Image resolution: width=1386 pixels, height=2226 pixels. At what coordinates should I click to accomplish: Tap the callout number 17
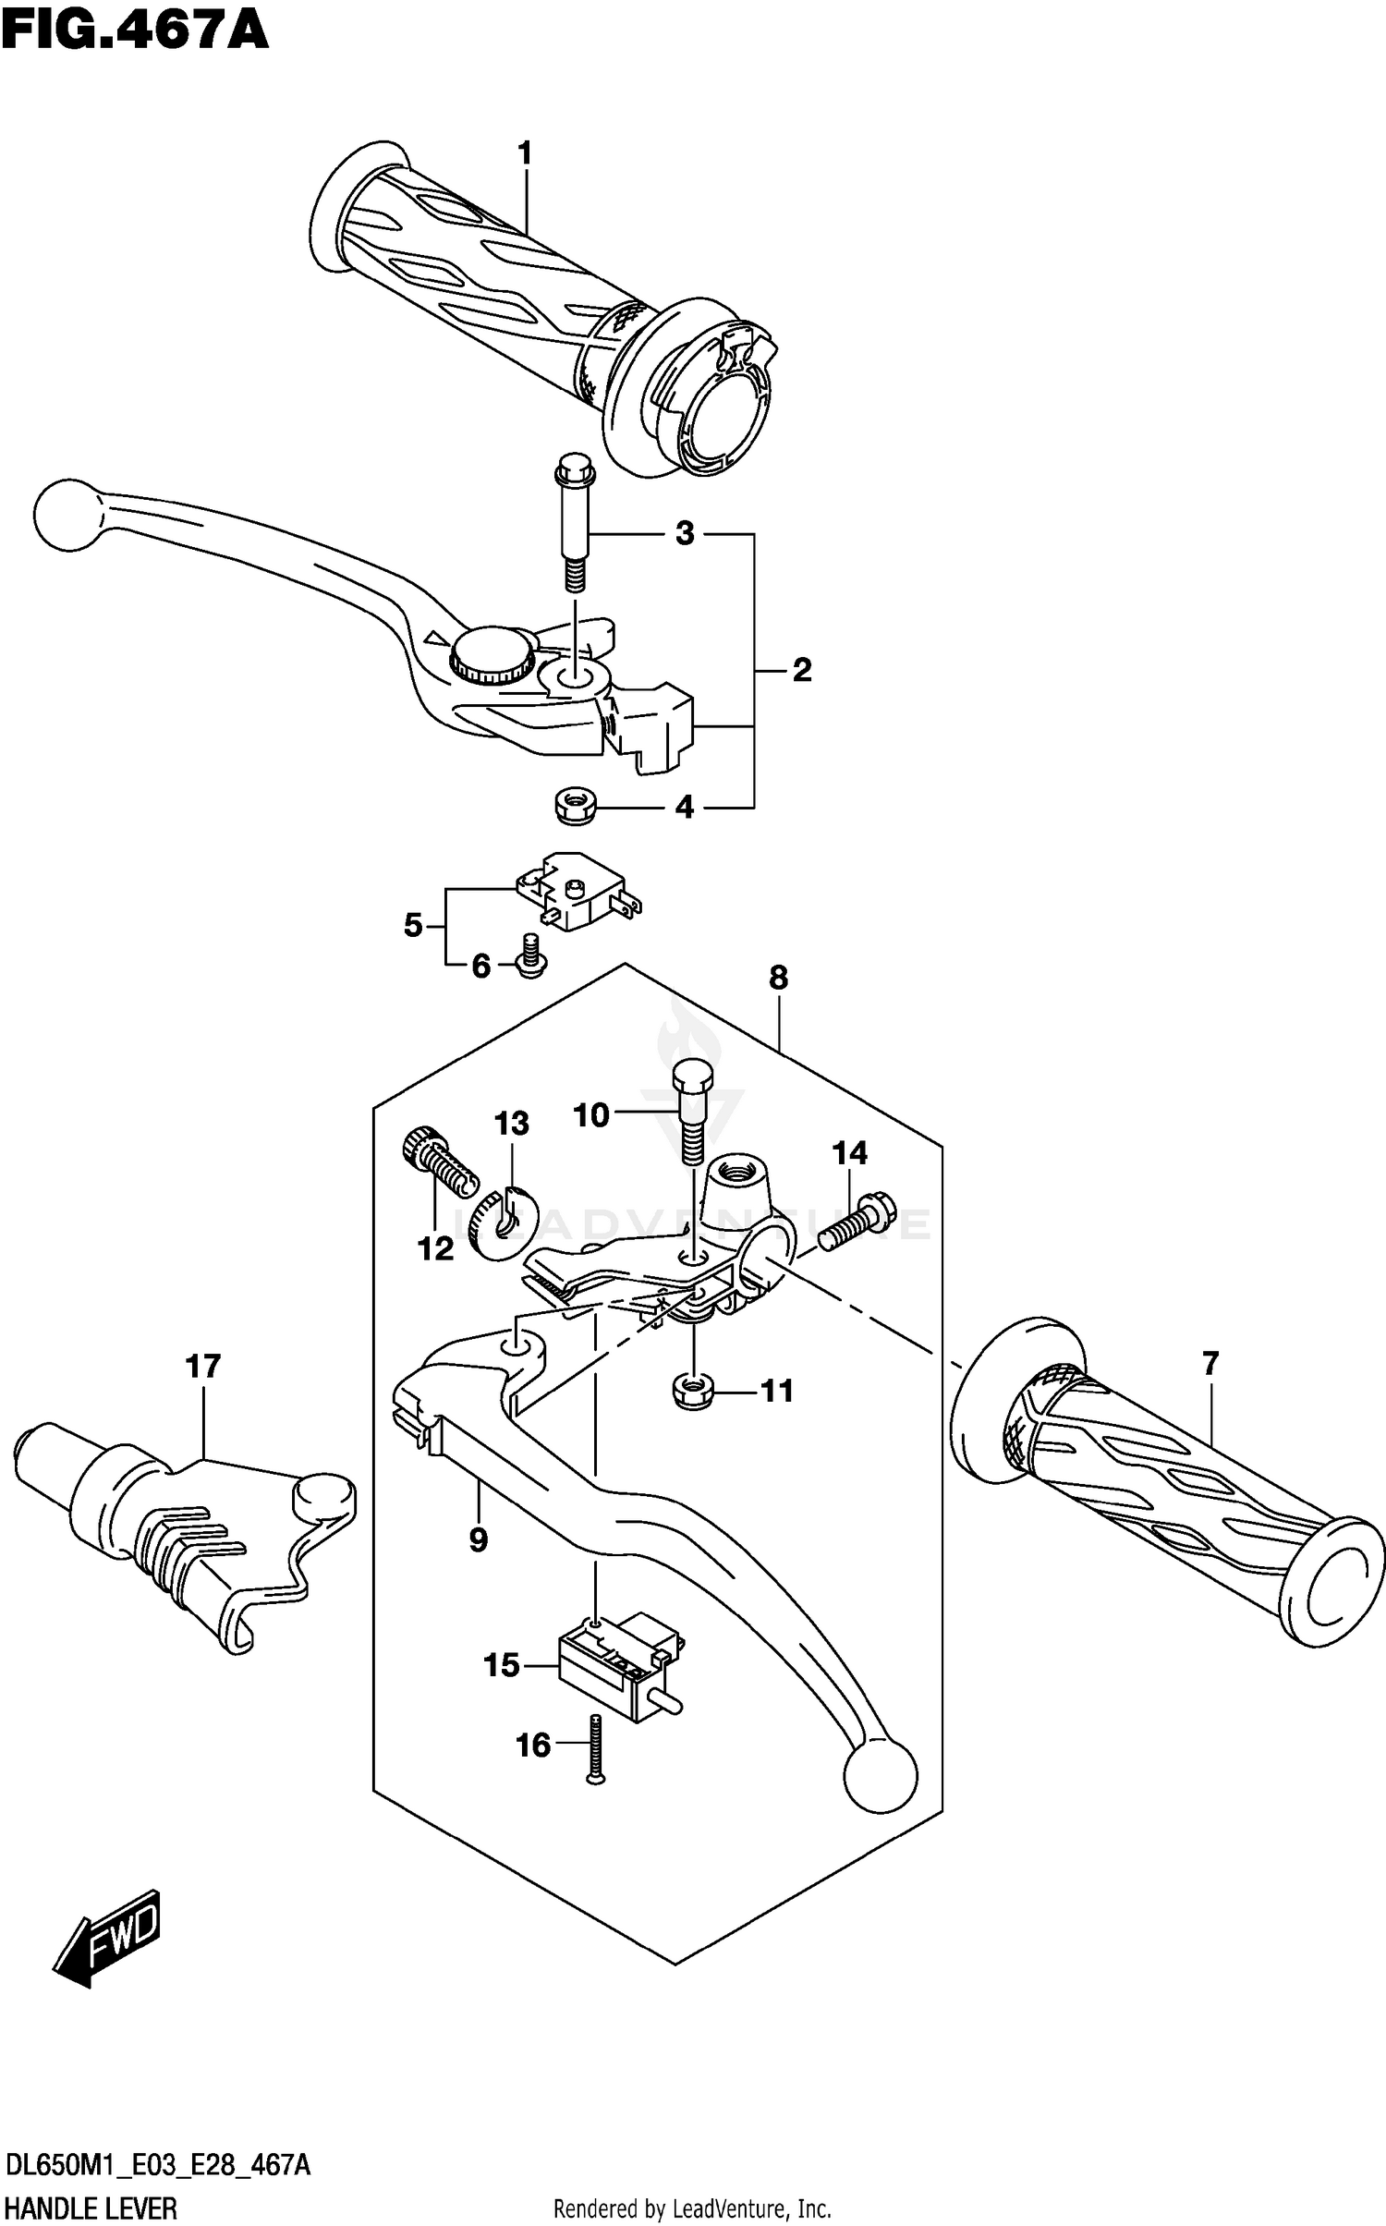click(x=203, y=1366)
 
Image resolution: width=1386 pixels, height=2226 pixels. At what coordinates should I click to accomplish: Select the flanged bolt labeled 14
click(x=849, y=1220)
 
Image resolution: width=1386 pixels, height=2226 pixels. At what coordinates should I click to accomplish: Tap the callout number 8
click(x=778, y=977)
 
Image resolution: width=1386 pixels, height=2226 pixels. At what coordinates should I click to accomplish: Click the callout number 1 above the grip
click(x=525, y=153)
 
